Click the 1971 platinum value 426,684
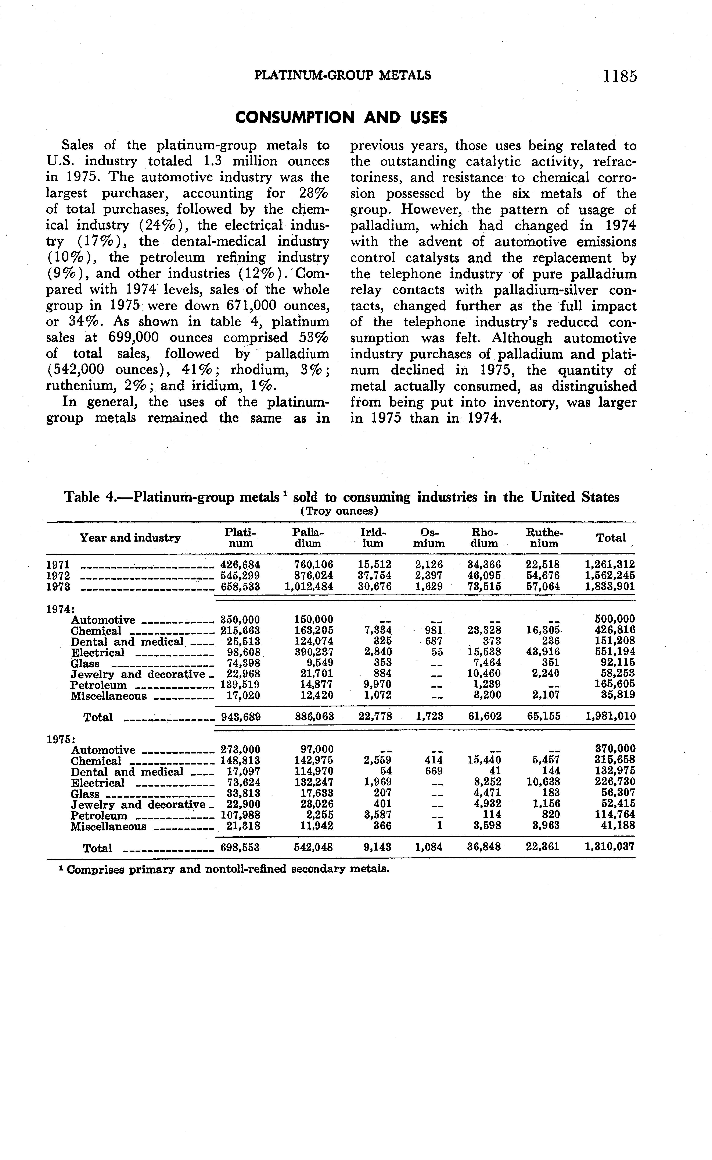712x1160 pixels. click(240, 564)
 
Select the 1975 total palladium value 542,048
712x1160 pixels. click(313, 847)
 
